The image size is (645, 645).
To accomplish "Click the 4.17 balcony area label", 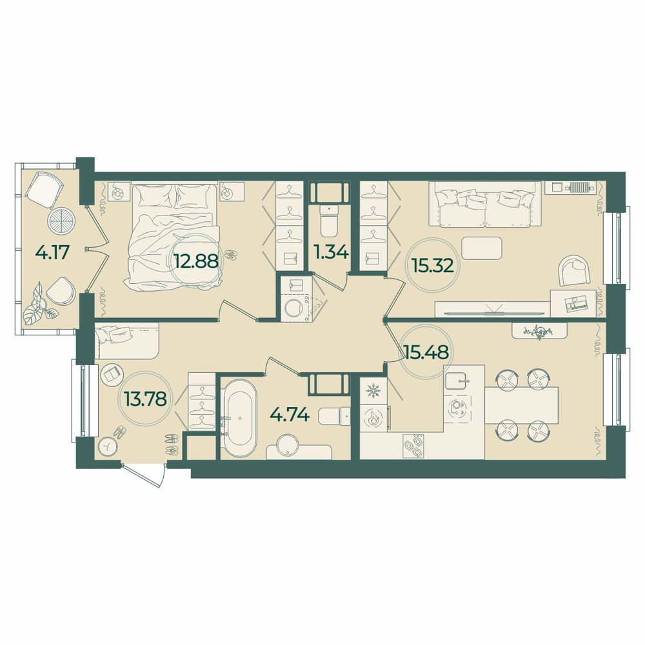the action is click(52, 253).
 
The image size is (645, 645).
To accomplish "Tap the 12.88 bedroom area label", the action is click(196, 260).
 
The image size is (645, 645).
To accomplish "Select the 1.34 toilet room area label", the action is click(331, 252).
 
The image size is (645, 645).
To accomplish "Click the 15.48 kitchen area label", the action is click(426, 352).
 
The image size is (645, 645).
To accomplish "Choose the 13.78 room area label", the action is click(144, 398).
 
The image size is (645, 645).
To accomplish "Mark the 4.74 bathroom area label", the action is click(290, 415).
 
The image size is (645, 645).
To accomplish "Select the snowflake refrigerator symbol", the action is click(373, 390).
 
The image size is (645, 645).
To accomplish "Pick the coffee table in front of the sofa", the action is click(482, 248).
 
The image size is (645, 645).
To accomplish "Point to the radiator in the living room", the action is click(580, 187).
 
